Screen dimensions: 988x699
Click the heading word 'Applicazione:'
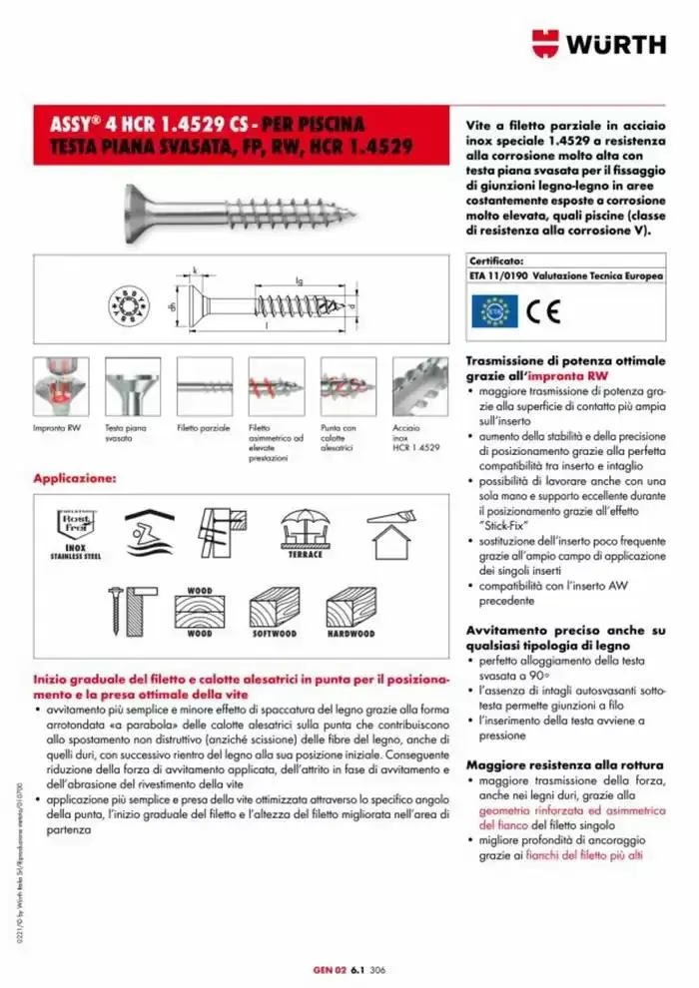tap(75, 479)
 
